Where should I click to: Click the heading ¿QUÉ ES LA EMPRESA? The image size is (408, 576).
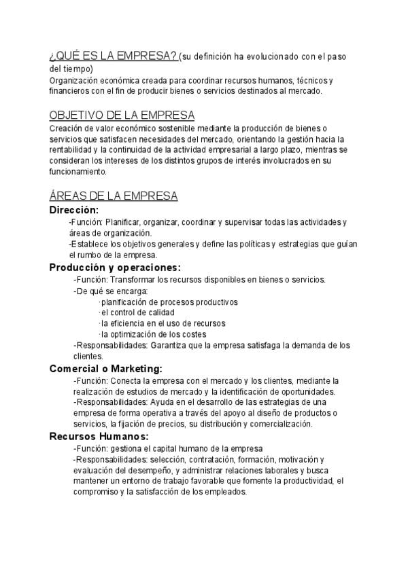(x=114, y=55)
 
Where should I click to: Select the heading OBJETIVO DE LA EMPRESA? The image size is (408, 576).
(x=122, y=115)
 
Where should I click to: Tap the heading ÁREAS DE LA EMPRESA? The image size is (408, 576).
(x=114, y=196)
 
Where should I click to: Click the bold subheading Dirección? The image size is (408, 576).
(x=74, y=210)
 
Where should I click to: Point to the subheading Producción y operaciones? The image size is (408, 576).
(x=115, y=268)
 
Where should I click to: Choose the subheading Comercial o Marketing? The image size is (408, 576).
(x=106, y=368)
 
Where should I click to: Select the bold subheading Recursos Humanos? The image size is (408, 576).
(x=99, y=436)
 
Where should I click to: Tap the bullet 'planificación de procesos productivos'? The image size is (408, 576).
(x=168, y=302)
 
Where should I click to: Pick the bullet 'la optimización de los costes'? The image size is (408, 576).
(x=152, y=334)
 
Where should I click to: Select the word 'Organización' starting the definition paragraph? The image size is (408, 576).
(x=73, y=80)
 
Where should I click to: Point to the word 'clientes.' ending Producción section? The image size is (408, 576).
(x=88, y=356)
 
